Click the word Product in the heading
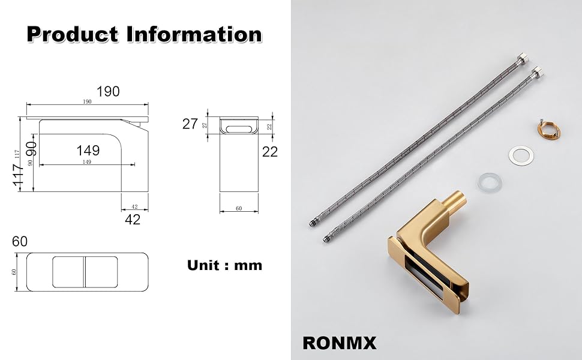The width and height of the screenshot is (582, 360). [73, 34]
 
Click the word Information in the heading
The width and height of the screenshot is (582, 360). [194, 34]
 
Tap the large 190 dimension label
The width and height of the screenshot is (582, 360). [108, 91]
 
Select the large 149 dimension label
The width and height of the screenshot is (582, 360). [88, 151]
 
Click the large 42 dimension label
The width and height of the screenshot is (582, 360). [133, 220]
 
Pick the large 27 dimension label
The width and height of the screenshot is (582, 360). [190, 124]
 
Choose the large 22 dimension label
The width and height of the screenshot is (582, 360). [270, 151]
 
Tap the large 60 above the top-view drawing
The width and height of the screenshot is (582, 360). [20, 242]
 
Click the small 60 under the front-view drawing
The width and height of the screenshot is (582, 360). [239, 208]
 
